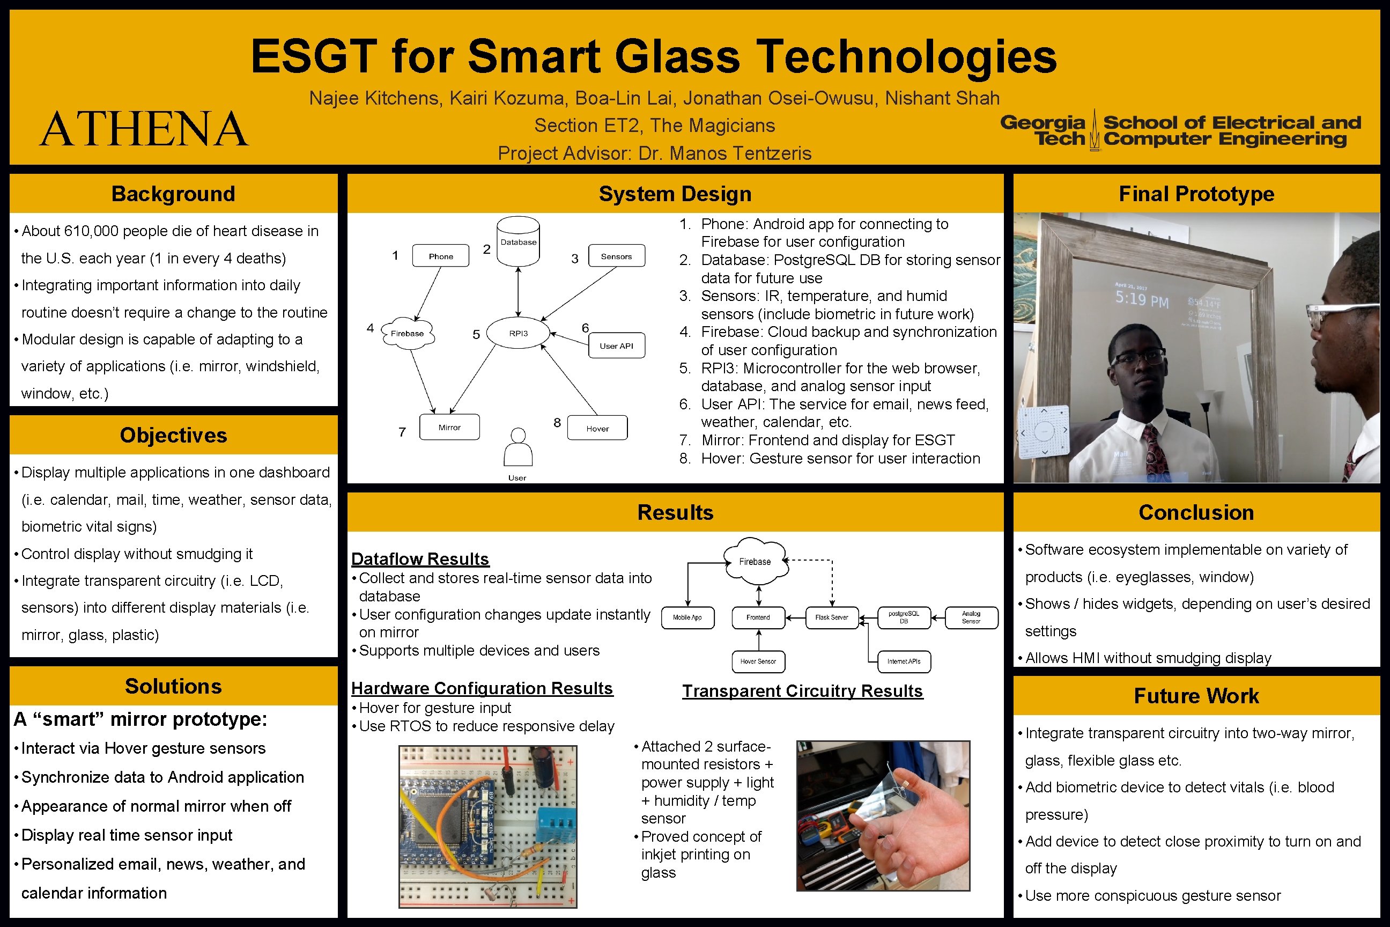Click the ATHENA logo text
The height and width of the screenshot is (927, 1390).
(144, 129)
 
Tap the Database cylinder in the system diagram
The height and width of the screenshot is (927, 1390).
(518, 241)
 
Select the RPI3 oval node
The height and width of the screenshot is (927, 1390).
(518, 334)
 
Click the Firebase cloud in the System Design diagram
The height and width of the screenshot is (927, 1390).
(407, 334)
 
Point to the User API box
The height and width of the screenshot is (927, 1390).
(616, 346)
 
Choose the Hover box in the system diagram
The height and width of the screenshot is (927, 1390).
(597, 428)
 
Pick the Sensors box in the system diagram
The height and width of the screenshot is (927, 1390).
(616, 256)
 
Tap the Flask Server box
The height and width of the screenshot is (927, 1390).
(832, 618)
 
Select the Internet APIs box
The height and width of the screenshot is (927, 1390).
(904, 661)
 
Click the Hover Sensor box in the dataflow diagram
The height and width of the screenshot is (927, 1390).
(758, 661)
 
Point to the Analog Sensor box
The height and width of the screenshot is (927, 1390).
(971, 618)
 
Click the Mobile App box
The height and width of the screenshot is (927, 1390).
(687, 618)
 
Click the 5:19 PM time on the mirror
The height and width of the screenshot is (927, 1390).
(1142, 300)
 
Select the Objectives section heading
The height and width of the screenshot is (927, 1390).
(173, 435)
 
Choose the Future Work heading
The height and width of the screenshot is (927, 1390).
(1196, 696)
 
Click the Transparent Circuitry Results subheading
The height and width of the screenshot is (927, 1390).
(802, 691)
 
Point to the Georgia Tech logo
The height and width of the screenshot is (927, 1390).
(1180, 130)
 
